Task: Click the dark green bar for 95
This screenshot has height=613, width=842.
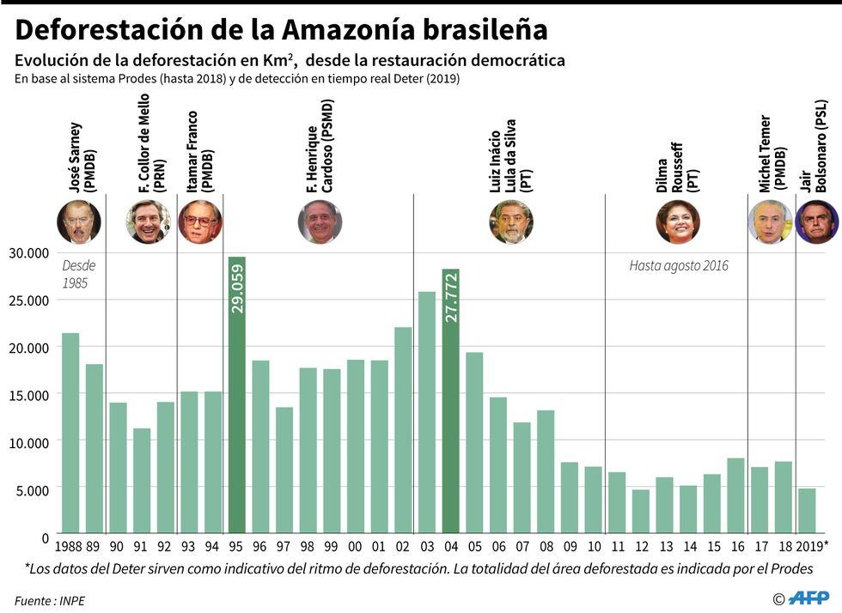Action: point(236,395)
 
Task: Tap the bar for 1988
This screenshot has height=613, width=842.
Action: point(70,433)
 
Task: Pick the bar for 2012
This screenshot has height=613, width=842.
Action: point(641,511)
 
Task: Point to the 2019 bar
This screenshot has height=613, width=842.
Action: point(806,511)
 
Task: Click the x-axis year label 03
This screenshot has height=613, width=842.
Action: point(426,546)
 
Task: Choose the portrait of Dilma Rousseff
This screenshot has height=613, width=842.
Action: point(678,222)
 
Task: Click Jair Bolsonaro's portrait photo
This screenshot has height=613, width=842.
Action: point(816,222)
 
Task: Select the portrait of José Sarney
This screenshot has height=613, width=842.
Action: point(79,222)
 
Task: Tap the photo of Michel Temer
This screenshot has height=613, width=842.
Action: point(770,222)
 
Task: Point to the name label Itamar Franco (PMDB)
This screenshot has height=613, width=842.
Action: point(200,151)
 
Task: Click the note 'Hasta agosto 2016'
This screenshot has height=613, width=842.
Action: point(679,266)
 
